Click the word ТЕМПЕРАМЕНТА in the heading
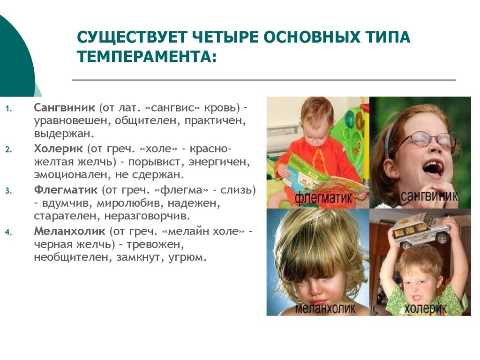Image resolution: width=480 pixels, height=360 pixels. [146, 56]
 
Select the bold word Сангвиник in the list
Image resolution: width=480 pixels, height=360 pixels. [64, 107]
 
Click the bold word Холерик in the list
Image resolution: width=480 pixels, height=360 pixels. [58, 149]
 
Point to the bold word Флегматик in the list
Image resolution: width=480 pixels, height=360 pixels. [66, 190]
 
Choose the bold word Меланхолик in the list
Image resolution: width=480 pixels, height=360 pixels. [69, 231]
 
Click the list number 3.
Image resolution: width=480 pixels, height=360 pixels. [8, 191]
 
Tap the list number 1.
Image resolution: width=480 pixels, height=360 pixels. [8, 109]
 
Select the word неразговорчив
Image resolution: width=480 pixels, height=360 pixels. [147, 216]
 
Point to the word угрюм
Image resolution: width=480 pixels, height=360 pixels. [187, 257]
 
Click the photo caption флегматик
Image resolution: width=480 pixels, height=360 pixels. [323, 198]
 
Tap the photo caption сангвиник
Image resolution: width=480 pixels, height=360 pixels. [429, 196]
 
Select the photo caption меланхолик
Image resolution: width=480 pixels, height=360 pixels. [325, 308]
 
